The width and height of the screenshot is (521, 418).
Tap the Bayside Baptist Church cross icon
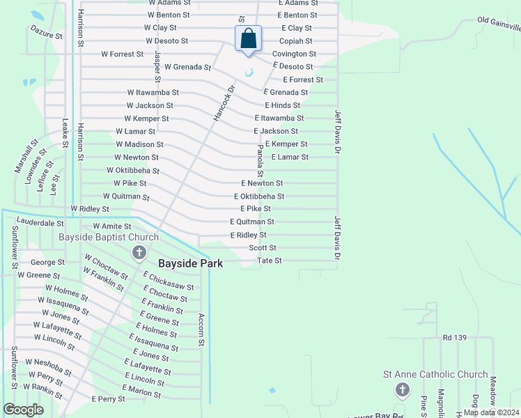pos(139,251)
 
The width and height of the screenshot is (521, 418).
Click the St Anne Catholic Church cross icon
pos(402,389)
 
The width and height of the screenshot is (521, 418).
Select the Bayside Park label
pos(190,264)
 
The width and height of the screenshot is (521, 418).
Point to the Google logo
pos(23,410)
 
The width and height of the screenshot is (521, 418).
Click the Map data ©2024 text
pos(491,412)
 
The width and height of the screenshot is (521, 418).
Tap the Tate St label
pos(270,261)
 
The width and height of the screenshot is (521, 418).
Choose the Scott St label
pos(263,248)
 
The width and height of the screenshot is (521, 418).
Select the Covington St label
pos(294,54)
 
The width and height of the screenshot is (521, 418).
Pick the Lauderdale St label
pos(40,224)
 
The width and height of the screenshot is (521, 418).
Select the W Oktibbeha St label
pos(133,171)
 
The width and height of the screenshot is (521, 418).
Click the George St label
pos(48,263)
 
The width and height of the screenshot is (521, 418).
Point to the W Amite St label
pos(112,226)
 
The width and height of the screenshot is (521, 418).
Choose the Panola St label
pos(260,161)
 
